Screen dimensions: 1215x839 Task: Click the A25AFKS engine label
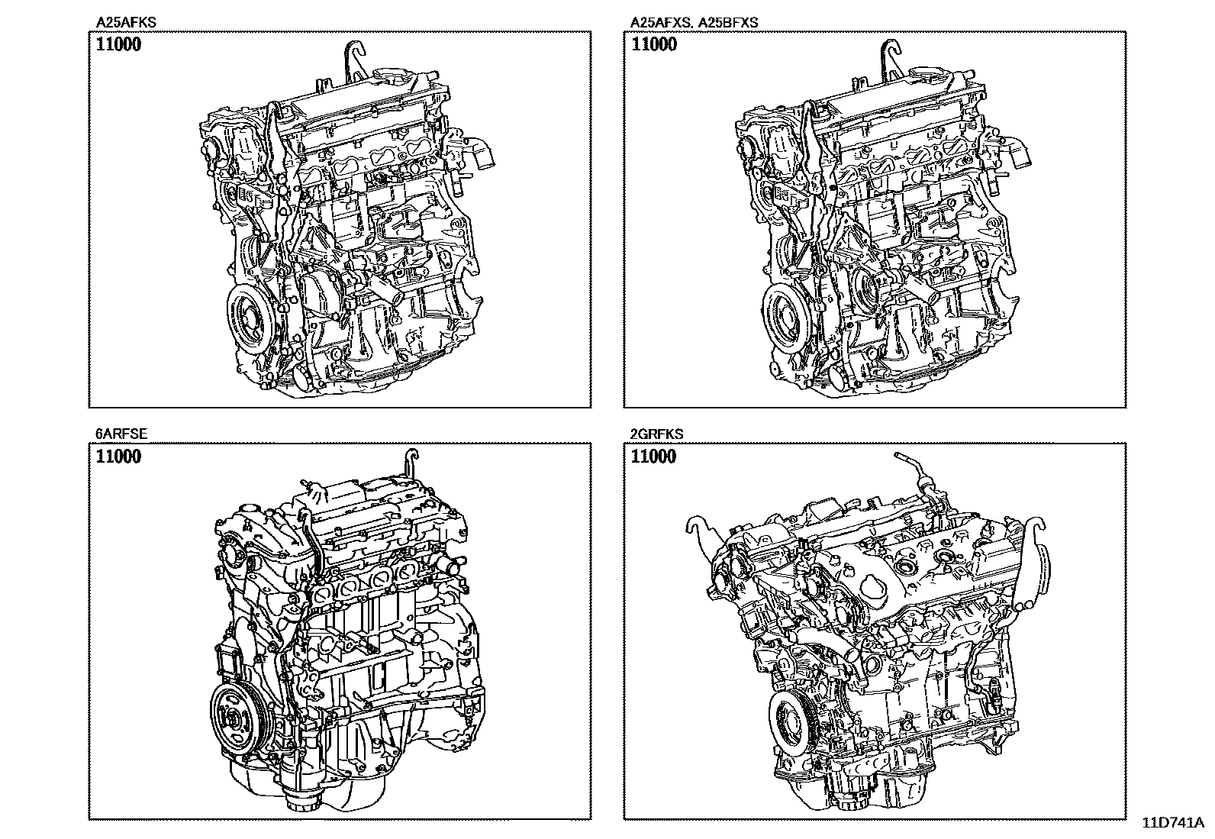click(x=126, y=22)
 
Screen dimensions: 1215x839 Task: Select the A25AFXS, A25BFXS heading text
click(x=694, y=22)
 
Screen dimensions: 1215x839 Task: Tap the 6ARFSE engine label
click(x=121, y=434)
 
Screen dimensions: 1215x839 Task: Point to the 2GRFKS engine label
click(x=656, y=434)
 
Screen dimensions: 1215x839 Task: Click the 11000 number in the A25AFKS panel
click(x=118, y=44)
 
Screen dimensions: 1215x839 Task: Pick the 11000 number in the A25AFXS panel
click(x=654, y=44)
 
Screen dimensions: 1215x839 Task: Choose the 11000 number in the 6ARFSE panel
click(x=118, y=456)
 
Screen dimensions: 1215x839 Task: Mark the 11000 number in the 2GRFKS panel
click(x=653, y=456)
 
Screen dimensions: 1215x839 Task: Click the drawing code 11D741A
click(x=1173, y=823)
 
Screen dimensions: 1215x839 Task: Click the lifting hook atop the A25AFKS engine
click(x=353, y=60)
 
